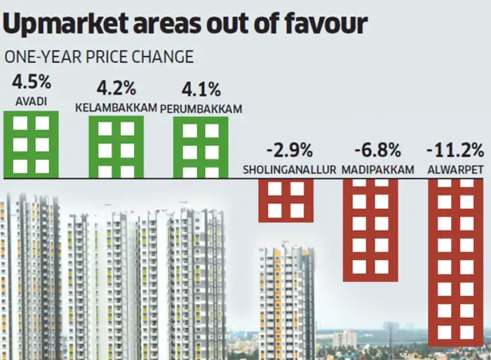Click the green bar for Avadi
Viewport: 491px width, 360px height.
pyautogui.click(x=31, y=144)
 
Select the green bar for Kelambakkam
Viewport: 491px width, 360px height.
pyautogui.click(x=116, y=147)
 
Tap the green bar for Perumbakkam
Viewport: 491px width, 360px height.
pyautogui.click(x=200, y=147)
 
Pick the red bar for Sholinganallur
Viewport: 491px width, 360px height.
pyautogui.click(x=285, y=200)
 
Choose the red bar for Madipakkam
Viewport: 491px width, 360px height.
pyautogui.click(x=370, y=229)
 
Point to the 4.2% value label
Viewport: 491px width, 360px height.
pyautogui.click(x=115, y=90)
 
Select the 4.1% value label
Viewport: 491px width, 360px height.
pyautogui.click(x=201, y=90)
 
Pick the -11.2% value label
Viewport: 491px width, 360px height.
pyautogui.click(x=455, y=151)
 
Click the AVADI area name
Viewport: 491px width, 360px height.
pyautogui.click(x=30, y=101)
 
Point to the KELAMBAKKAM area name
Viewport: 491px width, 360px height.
pyautogui.click(x=115, y=107)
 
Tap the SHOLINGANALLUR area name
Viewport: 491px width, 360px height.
pyautogui.click(x=288, y=169)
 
